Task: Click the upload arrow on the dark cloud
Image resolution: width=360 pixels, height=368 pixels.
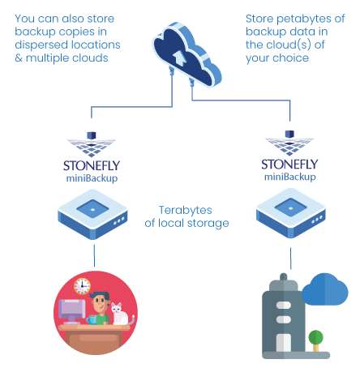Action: (178, 58)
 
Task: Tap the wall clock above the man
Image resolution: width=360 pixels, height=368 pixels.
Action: (82, 286)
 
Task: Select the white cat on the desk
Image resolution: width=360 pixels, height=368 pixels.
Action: (120, 314)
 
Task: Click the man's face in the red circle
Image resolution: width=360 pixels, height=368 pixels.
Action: (100, 303)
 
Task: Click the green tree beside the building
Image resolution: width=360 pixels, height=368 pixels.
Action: (315, 340)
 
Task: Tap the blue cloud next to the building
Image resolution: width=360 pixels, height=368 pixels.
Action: (325, 289)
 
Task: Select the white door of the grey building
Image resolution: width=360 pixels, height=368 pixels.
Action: (283, 342)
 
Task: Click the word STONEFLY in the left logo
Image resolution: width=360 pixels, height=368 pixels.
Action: (92, 165)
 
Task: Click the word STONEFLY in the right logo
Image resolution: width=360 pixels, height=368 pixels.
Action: (289, 165)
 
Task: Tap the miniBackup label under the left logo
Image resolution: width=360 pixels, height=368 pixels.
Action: (92, 178)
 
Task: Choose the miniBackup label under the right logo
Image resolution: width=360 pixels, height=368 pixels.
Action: (290, 178)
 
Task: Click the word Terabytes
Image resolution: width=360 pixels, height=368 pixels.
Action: (185, 210)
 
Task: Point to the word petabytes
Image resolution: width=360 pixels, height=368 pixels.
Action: (304, 19)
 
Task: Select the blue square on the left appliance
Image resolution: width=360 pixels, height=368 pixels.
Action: (92, 209)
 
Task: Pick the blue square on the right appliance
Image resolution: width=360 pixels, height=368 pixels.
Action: (290, 208)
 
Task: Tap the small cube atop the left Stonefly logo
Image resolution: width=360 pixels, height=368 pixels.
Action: (92, 135)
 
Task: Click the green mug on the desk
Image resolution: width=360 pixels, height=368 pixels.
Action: (92, 320)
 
